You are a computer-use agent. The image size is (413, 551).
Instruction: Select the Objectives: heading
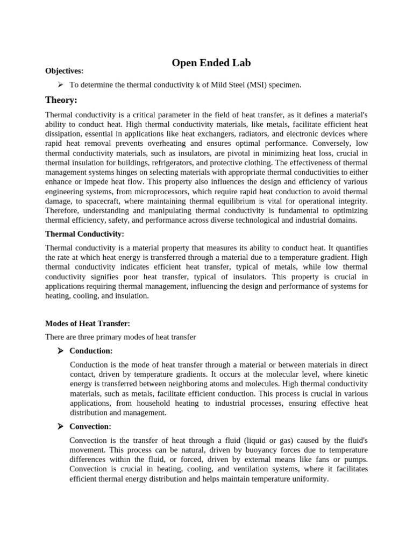[65, 71]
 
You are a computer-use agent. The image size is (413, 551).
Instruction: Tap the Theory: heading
[61, 100]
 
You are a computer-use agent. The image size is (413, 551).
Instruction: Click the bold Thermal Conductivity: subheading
[84, 234]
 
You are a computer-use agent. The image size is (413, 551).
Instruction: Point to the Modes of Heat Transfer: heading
[88, 323]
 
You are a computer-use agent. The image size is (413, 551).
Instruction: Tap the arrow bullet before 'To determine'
[60, 84]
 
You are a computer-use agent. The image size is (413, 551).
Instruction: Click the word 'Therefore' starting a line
[63, 210]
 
